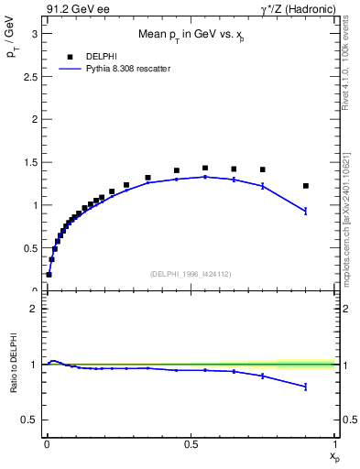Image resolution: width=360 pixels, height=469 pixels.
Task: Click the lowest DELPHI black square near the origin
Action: tap(49, 274)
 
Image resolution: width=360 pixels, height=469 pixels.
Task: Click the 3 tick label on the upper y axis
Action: tap(34, 33)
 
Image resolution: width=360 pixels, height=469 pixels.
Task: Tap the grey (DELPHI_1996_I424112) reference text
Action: tap(191, 273)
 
